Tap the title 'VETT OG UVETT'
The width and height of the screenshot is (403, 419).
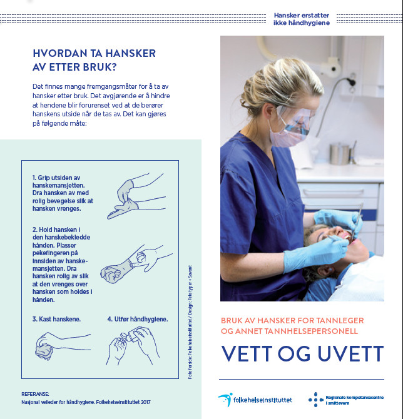[x=302, y=353]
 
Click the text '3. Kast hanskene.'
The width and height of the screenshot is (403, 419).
[x=56, y=319]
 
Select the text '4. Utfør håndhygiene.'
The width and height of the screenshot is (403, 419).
[x=137, y=319]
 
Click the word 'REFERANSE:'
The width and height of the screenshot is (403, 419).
[x=35, y=394]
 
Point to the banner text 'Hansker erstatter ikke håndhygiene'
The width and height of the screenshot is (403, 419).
[x=301, y=18]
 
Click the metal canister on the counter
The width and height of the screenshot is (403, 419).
[x=341, y=153]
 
